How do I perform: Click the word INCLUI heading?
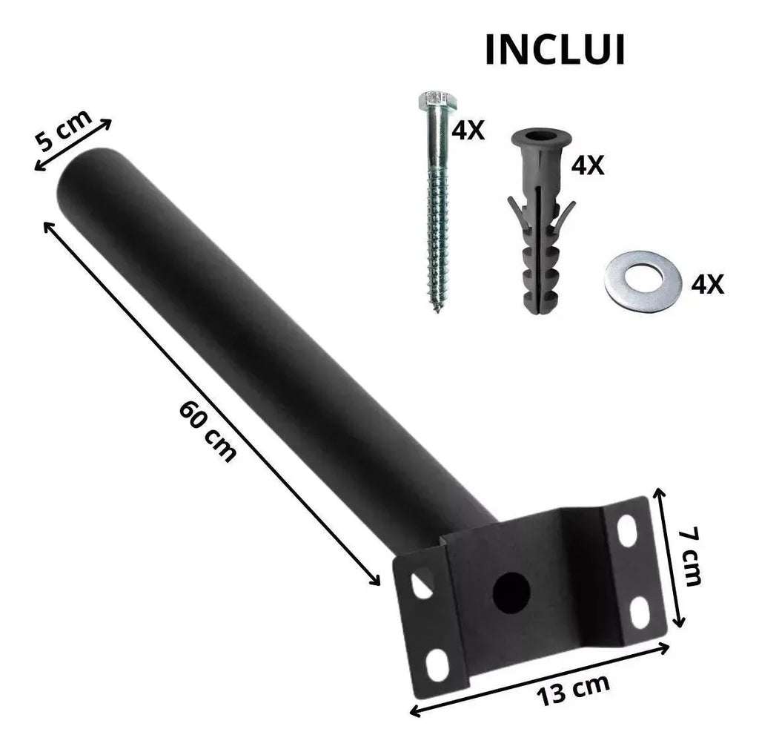[554, 50]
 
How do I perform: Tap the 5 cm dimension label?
[64, 131]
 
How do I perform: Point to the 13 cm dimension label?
[573, 690]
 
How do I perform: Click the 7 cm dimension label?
[689, 557]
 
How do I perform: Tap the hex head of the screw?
[438, 100]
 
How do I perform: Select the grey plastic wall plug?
[541, 220]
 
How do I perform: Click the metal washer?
[643, 282]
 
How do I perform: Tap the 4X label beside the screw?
[468, 130]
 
